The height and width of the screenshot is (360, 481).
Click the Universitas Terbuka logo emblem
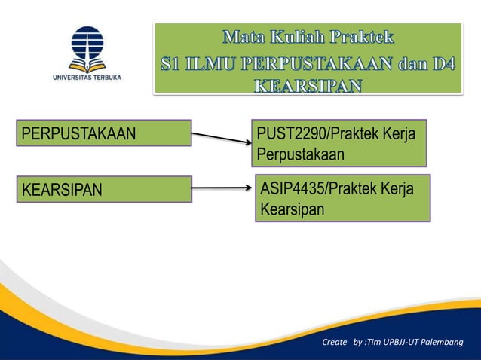87,47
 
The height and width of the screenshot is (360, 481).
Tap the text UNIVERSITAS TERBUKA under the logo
87,76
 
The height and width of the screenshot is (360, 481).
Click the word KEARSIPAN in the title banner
308,84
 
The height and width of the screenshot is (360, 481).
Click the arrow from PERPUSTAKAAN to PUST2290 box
221,139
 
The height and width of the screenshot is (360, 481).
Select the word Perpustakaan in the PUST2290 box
300,154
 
